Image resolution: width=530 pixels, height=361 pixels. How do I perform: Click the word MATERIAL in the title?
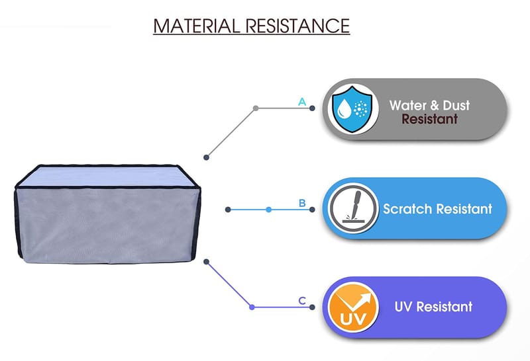pyautogui.click(x=196, y=26)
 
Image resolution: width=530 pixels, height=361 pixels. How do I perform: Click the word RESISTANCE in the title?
pyautogui.click(x=297, y=26)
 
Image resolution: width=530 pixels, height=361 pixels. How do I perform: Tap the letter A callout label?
pyautogui.click(x=302, y=102)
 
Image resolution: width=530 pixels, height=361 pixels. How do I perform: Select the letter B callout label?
pyautogui.click(x=302, y=203)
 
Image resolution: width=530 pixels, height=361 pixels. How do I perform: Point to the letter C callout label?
pyautogui.click(x=302, y=301)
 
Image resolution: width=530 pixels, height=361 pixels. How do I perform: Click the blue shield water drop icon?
pyautogui.click(x=352, y=109)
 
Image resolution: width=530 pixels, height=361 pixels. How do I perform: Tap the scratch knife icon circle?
pyautogui.click(x=354, y=208)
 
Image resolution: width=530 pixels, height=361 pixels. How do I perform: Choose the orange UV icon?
pyautogui.click(x=353, y=307)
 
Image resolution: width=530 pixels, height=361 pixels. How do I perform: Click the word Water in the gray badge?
pyautogui.click(x=407, y=105)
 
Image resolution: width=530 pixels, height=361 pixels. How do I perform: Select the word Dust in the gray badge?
pyautogui.click(x=456, y=105)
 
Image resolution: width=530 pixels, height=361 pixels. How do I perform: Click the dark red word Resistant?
pyautogui.click(x=429, y=119)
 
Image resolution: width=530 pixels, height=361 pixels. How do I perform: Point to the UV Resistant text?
pyautogui.click(x=433, y=307)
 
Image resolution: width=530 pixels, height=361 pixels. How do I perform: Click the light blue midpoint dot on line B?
pyautogui.click(x=269, y=210)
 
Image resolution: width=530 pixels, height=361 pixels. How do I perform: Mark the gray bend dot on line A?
pyautogui.click(x=256, y=108)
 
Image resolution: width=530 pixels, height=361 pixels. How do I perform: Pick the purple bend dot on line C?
pyautogui.click(x=252, y=307)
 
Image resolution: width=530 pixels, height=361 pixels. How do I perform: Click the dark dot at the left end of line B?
pyautogui.click(x=228, y=210)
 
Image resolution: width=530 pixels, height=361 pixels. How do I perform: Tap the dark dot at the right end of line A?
pyautogui.click(x=312, y=108)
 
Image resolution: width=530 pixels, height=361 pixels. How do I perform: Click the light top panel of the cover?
pyautogui.click(x=107, y=176)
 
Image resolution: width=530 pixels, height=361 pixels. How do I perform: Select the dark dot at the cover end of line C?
pyautogui.click(x=207, y=262)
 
